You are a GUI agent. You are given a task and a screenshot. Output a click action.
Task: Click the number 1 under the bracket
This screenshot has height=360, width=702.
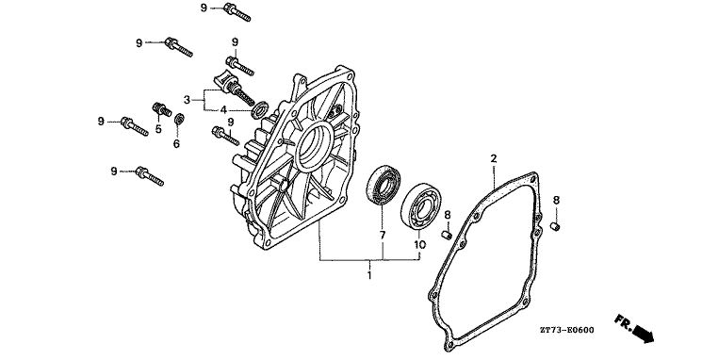[369, 275]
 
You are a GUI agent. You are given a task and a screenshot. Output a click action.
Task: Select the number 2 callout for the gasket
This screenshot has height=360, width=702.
[492, 158]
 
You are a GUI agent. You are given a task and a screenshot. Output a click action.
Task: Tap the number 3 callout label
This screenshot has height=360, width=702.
[187, 99]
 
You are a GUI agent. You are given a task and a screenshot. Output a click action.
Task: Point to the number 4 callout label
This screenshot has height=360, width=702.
[223, 110]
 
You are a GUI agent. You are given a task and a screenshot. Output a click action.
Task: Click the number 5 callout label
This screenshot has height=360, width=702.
[158, 129]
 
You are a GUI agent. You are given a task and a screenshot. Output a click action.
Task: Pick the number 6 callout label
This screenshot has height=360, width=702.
[176, 143]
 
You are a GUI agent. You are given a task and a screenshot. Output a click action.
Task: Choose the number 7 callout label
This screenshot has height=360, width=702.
[383, 232]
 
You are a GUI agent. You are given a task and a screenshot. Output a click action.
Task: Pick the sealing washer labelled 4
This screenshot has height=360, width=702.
[257, 111]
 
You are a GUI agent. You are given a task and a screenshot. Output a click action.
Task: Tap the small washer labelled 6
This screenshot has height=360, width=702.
[179, 118]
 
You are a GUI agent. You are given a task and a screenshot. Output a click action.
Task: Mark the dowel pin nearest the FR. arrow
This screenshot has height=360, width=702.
[557, 226]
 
